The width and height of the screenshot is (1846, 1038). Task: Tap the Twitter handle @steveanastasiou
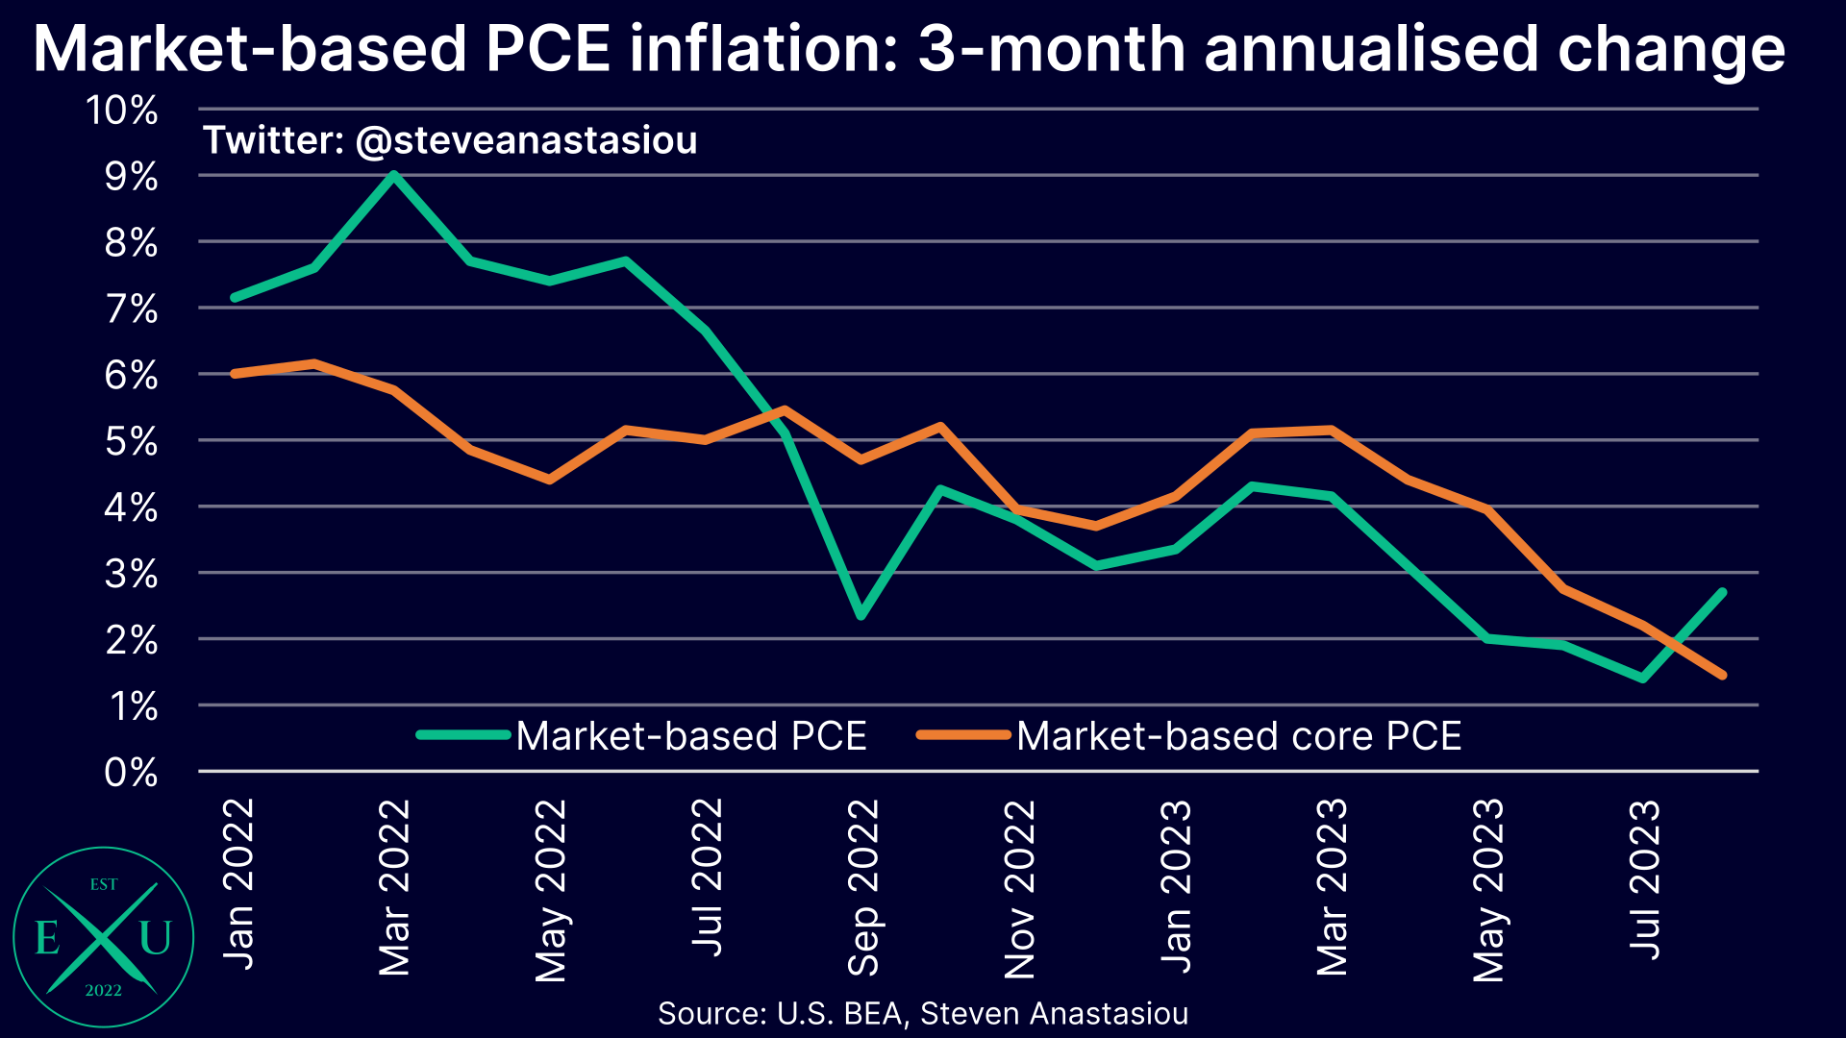pos(526,140)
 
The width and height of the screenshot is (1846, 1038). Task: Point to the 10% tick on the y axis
pos(122,111)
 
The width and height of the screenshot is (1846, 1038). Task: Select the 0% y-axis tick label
pos(130,772)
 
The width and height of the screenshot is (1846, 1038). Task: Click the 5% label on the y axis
pos(130,442)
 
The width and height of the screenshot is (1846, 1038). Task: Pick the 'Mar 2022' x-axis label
pos(394,886)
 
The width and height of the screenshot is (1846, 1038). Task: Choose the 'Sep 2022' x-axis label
pos(862,886)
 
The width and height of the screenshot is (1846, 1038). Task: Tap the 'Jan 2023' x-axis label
pos(1176,886)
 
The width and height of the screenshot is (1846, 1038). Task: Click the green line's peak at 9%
pos(393,175)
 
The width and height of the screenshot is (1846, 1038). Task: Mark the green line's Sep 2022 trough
pos(861,615)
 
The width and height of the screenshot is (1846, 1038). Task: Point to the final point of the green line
pos(1722,592)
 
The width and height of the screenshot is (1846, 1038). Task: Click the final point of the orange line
pos(1722,675)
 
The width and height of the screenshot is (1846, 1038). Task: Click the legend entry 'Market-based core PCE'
pos(1238,736)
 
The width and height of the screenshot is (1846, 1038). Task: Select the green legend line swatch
pos(462,735)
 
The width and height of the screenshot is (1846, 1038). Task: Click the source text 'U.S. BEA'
pos(838,1013)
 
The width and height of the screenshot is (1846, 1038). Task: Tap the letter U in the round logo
pos(155,938)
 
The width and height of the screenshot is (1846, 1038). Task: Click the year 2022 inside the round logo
pos(103,990)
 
